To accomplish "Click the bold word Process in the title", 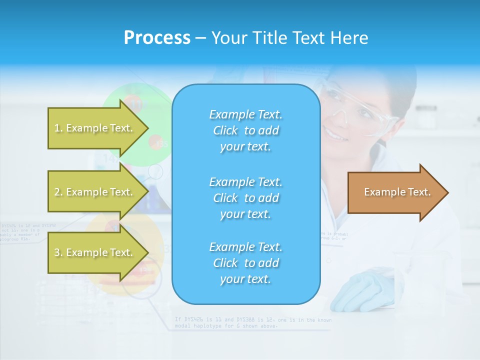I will click(x=157, y=38).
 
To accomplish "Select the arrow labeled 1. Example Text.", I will click(x=95, y=128).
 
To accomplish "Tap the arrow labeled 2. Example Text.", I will click(x=95, y=192).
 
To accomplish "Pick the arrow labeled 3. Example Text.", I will click(x=95, y=252).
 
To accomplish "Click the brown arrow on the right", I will click(x=395, y=192).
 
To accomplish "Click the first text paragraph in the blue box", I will click(x=245, y=130).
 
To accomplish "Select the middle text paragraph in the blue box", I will click(x=245, y=198).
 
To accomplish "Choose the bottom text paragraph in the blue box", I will click(x=245, y=263).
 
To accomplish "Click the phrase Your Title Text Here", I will click(x=289, y=38).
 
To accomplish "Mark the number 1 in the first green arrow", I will click(x=57, y=128).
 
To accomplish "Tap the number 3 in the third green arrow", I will click(x=57, y=253).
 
